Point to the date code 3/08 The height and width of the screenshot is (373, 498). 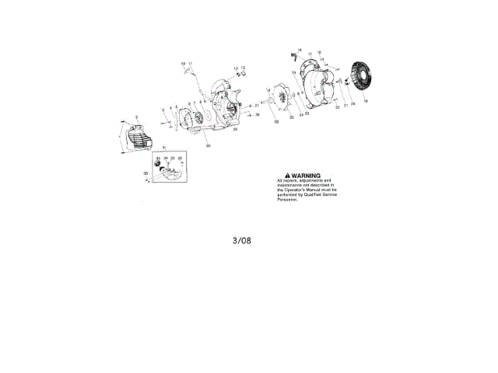point(242,240)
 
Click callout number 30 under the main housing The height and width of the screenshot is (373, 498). point(208,145)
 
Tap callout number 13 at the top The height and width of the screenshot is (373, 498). point(243,68)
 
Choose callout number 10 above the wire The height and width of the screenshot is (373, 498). point(183,63)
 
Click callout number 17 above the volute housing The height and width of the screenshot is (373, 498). point(310,54)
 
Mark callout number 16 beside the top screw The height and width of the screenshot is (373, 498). point(300,50)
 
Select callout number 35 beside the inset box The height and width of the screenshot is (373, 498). point(145,173)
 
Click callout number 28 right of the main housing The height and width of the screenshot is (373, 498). point(258,114)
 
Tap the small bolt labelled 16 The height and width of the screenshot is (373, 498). point(294,55)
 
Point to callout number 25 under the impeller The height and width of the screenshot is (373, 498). point(292,118)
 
